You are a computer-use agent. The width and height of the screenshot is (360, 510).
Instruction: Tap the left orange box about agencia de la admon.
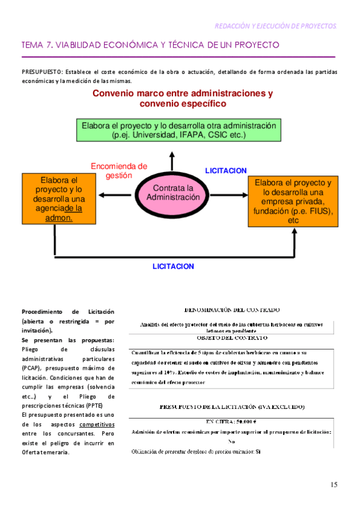click(59, 198)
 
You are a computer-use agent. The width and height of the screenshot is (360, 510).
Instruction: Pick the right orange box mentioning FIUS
click(293, 201)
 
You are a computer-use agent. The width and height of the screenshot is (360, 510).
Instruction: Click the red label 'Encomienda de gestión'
click(118, 171)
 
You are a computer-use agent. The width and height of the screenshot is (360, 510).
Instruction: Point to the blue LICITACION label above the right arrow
click(225, 171)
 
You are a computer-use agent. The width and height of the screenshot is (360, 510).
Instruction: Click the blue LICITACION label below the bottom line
click(174, 265)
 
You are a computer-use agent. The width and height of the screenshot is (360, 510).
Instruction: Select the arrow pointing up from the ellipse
click(172, 159)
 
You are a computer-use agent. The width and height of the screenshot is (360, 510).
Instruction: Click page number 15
click(334, 485)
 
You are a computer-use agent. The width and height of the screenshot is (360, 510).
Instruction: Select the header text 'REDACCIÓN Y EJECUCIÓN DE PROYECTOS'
click(276, 26)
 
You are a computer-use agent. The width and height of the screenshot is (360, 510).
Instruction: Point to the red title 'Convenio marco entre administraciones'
click(183, 94)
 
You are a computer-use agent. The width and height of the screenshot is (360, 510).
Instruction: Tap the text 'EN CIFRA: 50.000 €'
click(231, 422)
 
